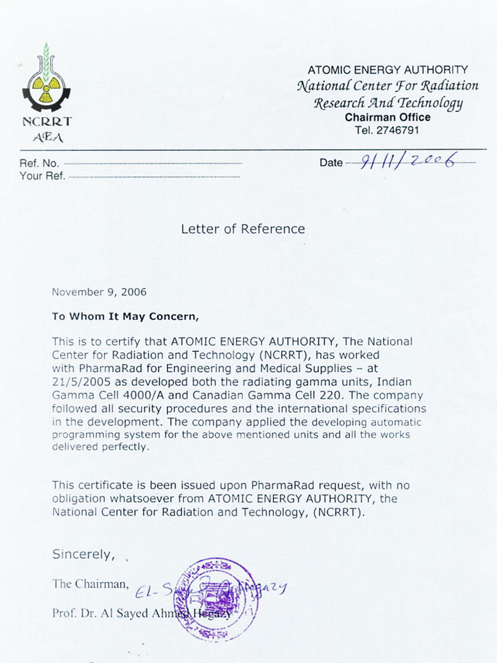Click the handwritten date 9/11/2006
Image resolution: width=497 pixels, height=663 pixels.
pyautogui.click(x=408, y=161)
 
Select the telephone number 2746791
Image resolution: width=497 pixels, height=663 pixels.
pyautogui.click(x=395, y=130)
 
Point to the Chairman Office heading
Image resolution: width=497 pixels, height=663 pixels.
pyautogui.click(x=388, y=117)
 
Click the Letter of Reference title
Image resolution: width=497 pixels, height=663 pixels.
pyautogui.click(x=243, y=229)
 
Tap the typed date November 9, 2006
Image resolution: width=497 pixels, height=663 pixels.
pyautogui.click(x=99, y=292)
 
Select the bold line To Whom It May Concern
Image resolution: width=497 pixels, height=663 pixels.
pyautogui.click(x=124, y=317)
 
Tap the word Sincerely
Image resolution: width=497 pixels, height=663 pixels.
pyautogui.click(x=83, y=554)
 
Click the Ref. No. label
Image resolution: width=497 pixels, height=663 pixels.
pyautogui.click(x=39, y=164)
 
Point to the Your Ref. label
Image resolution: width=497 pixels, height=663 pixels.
pyautogui.click(x=43, y=176)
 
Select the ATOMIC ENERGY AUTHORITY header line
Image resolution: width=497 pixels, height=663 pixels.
pyautogui.click(x=388, y=70)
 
